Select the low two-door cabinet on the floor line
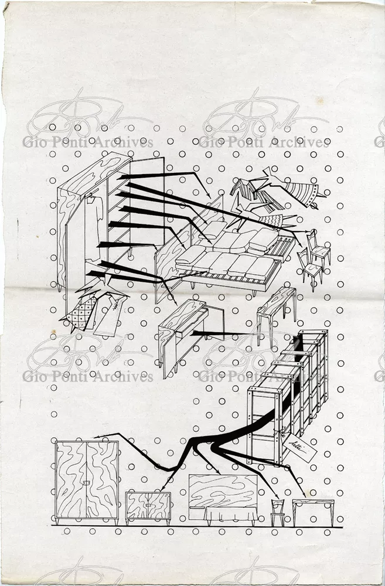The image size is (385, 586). [148, 505]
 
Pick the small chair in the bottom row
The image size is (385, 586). [277, 510]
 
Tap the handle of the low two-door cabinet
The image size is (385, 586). [149, 503]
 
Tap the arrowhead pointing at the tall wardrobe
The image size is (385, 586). [97, 436]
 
